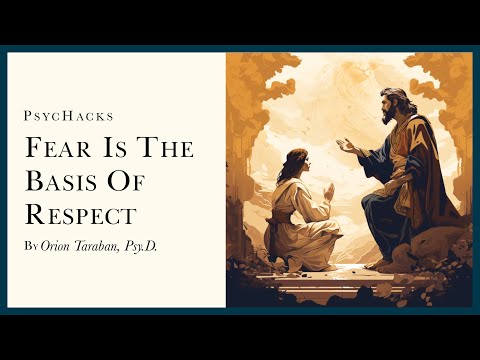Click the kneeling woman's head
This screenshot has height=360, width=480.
pyautogui.click(x=297, y=163)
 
